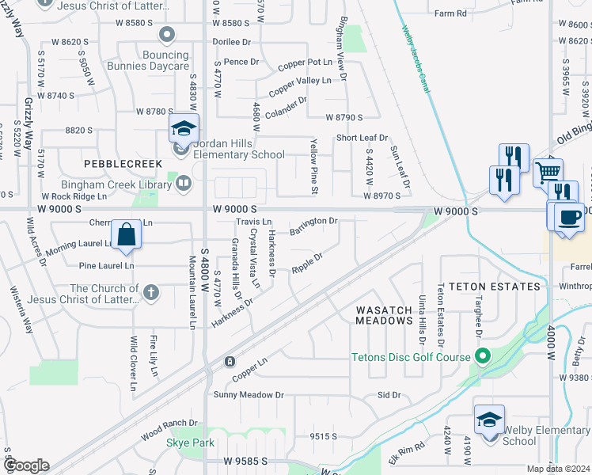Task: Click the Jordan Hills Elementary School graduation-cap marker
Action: (x=184, y=128)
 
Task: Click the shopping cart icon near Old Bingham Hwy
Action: (x=548, y=172)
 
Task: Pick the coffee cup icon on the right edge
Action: (x=568, y=217)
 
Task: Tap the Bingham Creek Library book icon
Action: (x=184, y=184)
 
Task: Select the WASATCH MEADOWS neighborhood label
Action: (x=384, y=315)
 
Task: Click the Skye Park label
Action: (x=189, y=443)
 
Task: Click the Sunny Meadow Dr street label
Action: (x=249, y=393)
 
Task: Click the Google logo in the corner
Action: (x=26, y=465)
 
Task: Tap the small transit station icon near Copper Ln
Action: (x=230, y=361)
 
